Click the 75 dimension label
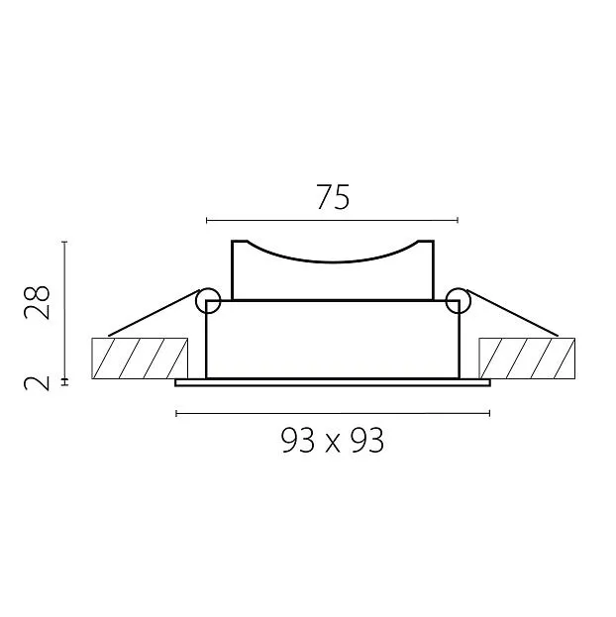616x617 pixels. coord(333,197)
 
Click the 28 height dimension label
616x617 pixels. coord(37,302)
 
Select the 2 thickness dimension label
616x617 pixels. coord(37,383)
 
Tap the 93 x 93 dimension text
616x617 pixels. coord(333,441)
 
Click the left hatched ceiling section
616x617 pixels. coord(140,359)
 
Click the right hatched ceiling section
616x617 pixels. coord(527,359)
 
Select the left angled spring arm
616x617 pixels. coord(154,313)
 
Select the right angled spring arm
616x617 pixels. coord(512,313)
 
